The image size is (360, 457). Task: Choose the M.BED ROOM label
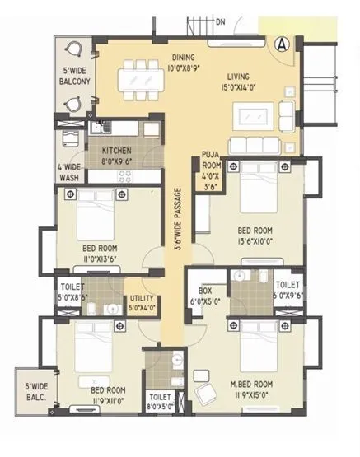pyautogui.click(x=251, y=389)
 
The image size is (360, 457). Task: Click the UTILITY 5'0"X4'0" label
pyautogui.click(x=142, y=303)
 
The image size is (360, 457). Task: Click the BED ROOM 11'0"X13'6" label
pyautogui.click(x=99, y=252)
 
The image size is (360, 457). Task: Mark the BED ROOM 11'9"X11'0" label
pyautogui.click(x=107, y=394)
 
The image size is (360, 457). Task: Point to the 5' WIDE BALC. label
pyautogui.click(x=35, y=392)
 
